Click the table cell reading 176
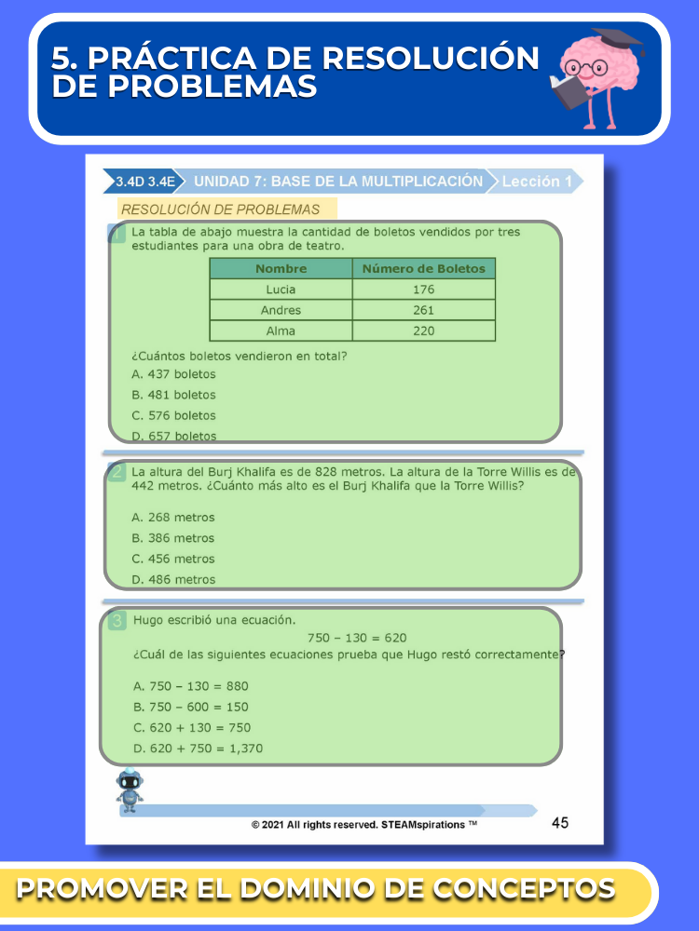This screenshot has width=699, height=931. [x=423, y=290]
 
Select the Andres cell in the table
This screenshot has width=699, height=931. [x=281, y=310]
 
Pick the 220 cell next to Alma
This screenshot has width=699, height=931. [x=423, y=331]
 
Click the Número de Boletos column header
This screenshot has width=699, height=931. [x=423, y=268]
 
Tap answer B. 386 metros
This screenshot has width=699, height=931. [x=173, y=538]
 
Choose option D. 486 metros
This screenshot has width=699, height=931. [x=173, y=579]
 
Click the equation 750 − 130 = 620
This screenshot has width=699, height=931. [x=357, y=638]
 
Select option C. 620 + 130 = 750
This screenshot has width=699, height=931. [x=192, y=727]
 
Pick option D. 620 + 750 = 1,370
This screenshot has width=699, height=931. [x=198, y=748]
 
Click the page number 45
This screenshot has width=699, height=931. [x=560, y=822]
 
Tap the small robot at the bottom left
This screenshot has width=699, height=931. [x=130, y=789]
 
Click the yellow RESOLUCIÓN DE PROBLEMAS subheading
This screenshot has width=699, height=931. [x=221, y=209]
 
